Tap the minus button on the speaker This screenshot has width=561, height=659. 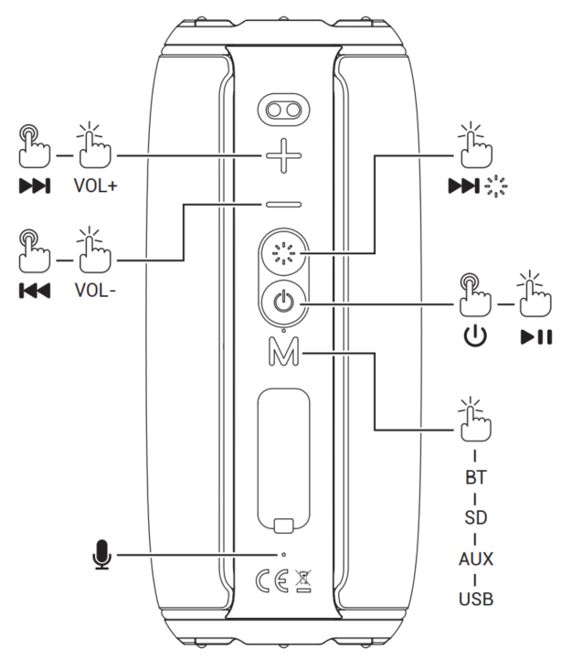pyautogui.click(x=283, y=205)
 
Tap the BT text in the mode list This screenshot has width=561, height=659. pyautogui.click(x=474, y=477)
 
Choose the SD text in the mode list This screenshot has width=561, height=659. pyautogui.click(x=474, y=517)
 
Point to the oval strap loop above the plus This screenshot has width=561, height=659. pyautogui.click(x=283, y=111)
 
